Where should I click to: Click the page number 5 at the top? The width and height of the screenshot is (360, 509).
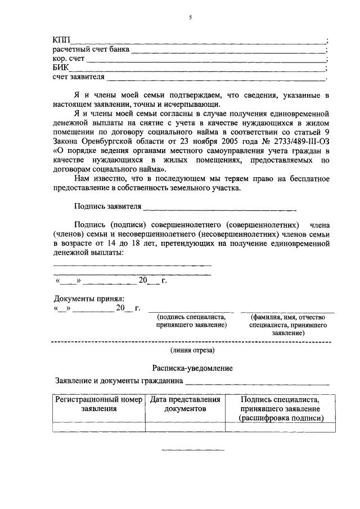[x=190, y=18]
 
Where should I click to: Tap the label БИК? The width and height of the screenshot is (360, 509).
[x=61, y=67]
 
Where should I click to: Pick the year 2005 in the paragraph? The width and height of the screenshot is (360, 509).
[x=210, y=142]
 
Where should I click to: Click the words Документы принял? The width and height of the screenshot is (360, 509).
[x=89, y=298]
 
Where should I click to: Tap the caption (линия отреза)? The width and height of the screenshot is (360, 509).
[x=193, y=351]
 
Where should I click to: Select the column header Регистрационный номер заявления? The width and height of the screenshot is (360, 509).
[x=98, y=404]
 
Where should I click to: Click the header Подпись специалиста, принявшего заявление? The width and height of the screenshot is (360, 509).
[x=280, y=408]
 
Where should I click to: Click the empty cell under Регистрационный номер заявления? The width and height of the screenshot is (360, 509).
[x=98, y=427]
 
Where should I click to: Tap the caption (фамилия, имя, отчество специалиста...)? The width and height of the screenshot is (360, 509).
[x=287, y=325]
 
